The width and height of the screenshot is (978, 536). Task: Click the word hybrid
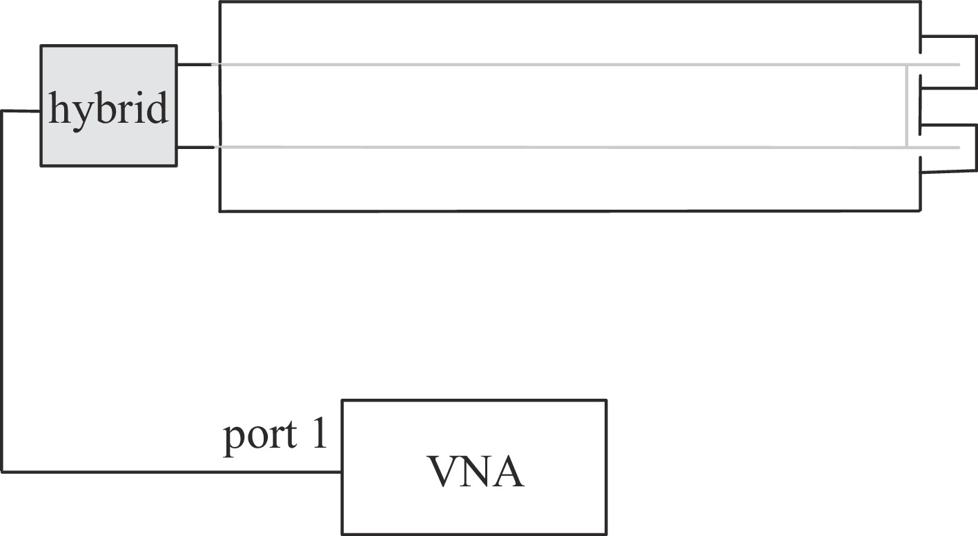tap(108, 109)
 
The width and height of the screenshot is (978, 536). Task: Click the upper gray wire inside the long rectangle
tap(552, 65)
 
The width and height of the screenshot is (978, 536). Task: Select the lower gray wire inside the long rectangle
tap(552, 147)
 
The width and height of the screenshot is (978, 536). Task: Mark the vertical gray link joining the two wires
tap(906, 106)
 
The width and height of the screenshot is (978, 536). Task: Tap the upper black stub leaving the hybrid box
tap(194, 65)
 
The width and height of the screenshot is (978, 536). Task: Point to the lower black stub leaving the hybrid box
tap(194, 147)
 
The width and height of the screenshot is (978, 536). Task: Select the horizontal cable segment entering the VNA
tap(173, 472)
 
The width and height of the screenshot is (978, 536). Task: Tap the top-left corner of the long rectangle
tap(220, 3)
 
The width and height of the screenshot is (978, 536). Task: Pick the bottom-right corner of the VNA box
tap(606, 533)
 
